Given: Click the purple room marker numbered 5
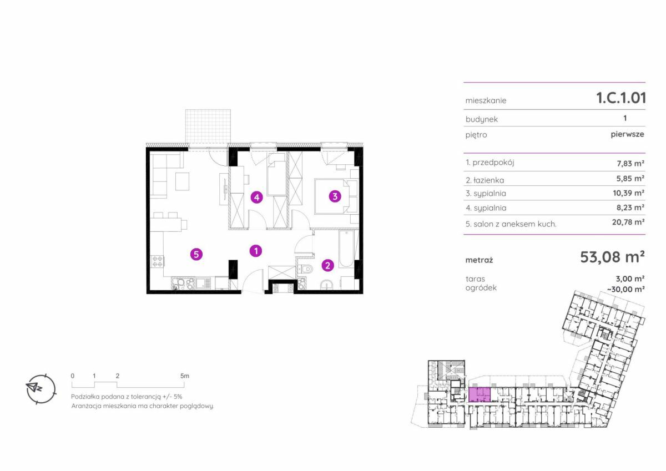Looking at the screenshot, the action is click(196, 255).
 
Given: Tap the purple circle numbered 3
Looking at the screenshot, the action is click(335, 196).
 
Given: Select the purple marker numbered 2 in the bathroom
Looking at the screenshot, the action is click(327, 265).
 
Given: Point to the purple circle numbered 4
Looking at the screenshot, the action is click(256, 197).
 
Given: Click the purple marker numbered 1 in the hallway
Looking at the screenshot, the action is click(256, 251).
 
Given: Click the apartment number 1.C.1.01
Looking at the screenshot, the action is click(621, 98).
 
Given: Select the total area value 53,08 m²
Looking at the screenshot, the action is click(612, 257).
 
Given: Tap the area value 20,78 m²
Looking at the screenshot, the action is click(628, 222).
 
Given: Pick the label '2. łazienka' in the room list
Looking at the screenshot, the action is click(485, 180).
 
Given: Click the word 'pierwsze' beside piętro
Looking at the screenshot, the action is click(627, 134).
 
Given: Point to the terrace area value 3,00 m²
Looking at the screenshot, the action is click(630, 278).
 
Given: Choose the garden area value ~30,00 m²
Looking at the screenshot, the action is click(625, 289).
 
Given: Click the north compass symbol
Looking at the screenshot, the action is click(41, 389).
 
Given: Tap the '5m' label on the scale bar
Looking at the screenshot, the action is click(185, 376).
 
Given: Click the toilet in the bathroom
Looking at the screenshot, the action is click(306, 269).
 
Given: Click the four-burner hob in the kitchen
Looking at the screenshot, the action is click(157, 261).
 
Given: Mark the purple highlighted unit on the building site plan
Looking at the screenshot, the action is click(480, 394).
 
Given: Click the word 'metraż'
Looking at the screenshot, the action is click(479, 260).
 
